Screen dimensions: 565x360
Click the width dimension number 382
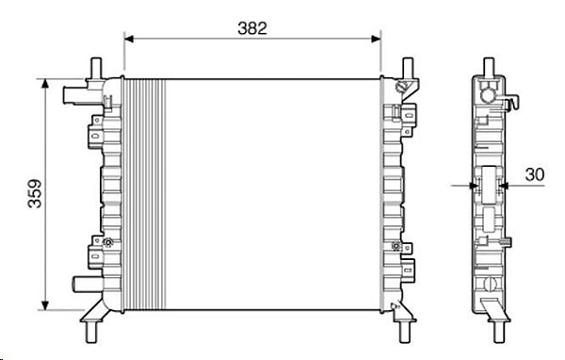(x=252, y=28)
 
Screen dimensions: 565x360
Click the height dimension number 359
(x=35, y=194)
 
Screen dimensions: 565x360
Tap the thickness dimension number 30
(x=534, y=174)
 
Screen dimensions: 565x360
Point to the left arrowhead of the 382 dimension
(x=129, y=39)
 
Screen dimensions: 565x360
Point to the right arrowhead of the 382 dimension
(x=376, y=39)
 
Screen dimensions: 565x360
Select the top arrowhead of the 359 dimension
(x=45, y=84)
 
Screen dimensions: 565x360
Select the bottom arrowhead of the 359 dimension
(x=45, y=305)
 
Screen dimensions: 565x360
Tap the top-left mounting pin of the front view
(x=96, y=69)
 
